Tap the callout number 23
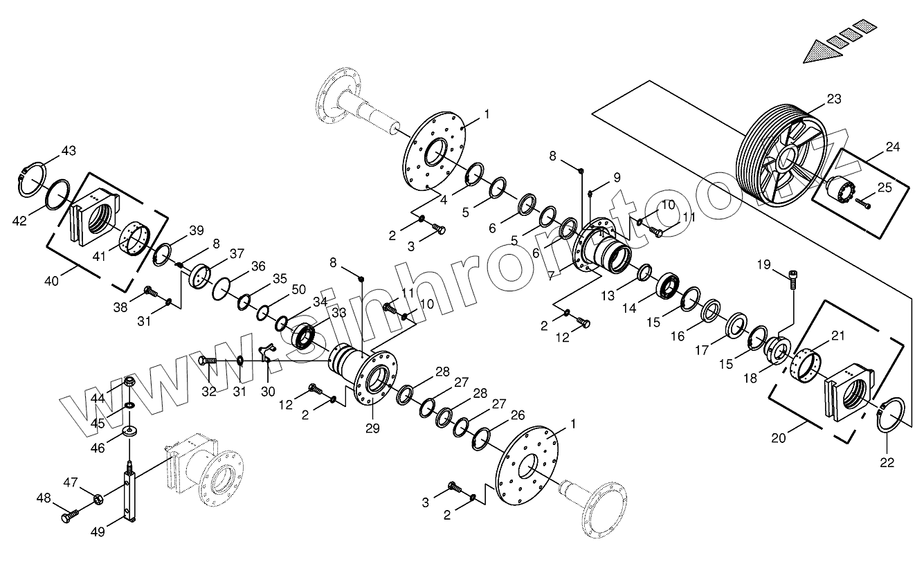click(833, 99)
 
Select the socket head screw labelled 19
click(794, 280)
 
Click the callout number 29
click(372, 428)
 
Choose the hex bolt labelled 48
click(69, 516)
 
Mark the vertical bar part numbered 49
click(129, 495)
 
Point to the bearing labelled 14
click(670, 285)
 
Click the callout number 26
click(517, 415)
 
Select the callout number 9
click(616, 177)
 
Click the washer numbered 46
click(129, 433)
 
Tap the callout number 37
click(237, 254)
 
